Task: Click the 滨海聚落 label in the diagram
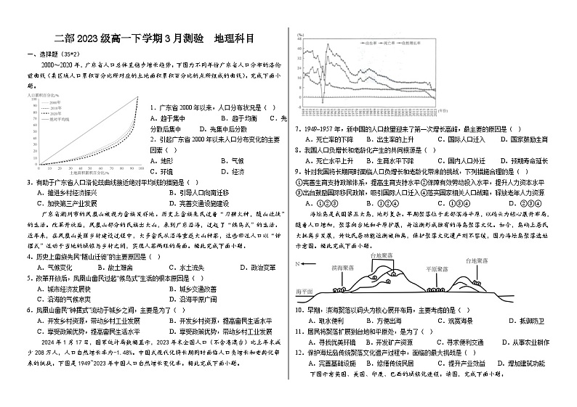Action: (342, 268)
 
